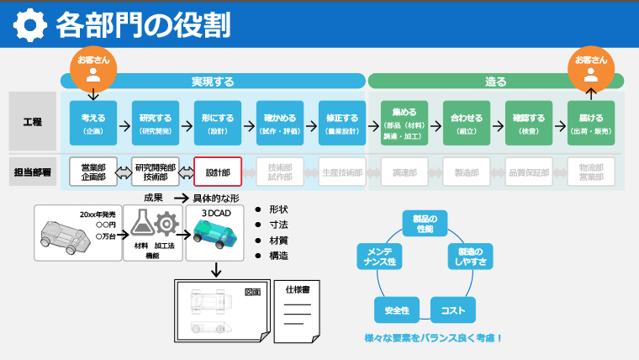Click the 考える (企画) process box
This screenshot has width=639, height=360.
pyautogui.click(x=92, y=124)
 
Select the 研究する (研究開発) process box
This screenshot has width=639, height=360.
pyautogui.click(x=156, y=124)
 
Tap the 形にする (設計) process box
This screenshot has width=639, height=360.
pyautogui.click(x=217, y=124)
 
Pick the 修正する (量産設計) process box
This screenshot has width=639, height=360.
pyautogui.click(x=342, y=124)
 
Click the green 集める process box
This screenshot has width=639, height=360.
pyautogui.click(x=404, y=124)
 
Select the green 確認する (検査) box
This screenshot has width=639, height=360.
pyautogui.click(x=529, y=124)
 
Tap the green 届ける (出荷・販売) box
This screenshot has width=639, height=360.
pyautogui.click(x=591, y=124)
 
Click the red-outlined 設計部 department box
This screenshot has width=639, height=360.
pyautogui.click(x=218, y=172)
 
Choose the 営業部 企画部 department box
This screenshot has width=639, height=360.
pyautogui.click(x=93, y=172)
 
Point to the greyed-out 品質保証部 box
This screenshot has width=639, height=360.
pyautogui.click(x=529, y=172)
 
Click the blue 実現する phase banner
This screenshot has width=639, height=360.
pyautogui.click(x=212, y=82)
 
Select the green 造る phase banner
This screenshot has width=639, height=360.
pyautogui.click(x=496, y=82)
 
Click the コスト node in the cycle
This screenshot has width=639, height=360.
pyautogui.click(x=452, y=310)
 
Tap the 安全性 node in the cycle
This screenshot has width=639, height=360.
pyautogui.click(x=397, y=310)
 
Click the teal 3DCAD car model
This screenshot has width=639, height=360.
pyautogui.click(x=216, y=230)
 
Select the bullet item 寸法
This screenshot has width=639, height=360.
pyautogui.click(x=278, y=225)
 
